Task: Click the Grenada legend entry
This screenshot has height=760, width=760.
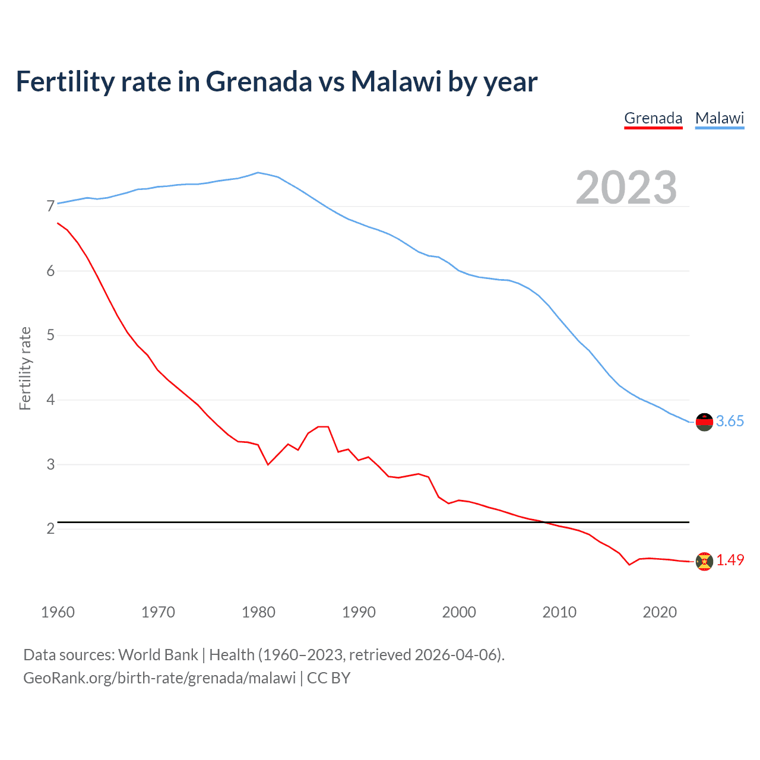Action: tap(653, 118)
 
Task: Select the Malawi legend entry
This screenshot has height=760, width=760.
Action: tap(720, 118)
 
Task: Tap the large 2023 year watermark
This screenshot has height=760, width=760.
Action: tap(626, 188)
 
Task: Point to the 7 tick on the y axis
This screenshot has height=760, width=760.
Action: tap(50, 207)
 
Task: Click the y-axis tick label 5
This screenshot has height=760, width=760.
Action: tap(50, 335)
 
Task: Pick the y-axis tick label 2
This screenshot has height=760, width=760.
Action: tap(50, 528)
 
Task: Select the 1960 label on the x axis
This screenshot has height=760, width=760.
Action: tap(58, 612)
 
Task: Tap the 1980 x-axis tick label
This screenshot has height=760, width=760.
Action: tap(258, 612)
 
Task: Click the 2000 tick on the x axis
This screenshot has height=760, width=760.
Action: tap(459, 612)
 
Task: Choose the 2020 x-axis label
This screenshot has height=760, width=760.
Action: tap(660, 612)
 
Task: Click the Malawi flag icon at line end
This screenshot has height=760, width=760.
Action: tap(704, 422)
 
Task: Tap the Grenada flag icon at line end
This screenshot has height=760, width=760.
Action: tap(704, 561)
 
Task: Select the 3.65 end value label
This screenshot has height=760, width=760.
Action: tap(730, 422)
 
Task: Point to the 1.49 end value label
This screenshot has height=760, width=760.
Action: tap(730, 560)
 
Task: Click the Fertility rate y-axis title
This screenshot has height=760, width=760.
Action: tap(25, 368)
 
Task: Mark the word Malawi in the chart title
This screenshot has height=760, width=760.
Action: tap(396, 81)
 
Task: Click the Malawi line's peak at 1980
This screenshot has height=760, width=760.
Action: tap(257, 173)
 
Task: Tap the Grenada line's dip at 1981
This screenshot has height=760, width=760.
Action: tap(268, 464)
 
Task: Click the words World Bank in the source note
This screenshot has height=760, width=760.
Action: tap(158, 655)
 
